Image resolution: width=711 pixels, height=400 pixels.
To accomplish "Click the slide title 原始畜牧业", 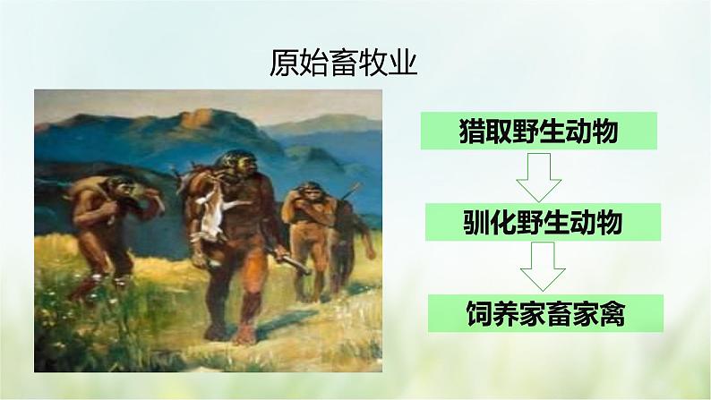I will click(x=343, y=64).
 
